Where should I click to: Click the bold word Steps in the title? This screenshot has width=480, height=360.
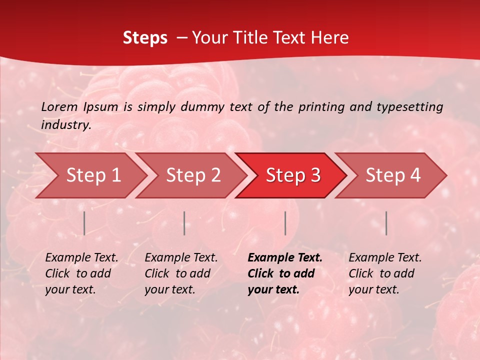click(x=145, y=37)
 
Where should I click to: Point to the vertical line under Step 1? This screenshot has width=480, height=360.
click(x=84, y=223)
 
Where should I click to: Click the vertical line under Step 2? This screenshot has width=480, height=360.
click(x=184, y=223)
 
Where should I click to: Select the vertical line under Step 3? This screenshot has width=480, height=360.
click(x=285, y=223)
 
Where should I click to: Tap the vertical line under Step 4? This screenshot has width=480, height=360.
click(x=386, y=223)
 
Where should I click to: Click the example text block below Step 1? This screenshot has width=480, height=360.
click(x=81, y=273)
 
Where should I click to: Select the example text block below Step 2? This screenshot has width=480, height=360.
click(x=181, y=273)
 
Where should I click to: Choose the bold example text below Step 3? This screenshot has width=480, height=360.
click(x=285, y=273)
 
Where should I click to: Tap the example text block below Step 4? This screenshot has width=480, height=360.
click(x=385, y=273)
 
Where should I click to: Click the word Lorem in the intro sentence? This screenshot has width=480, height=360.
click(x=59, y=107)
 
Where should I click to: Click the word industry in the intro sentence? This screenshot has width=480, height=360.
click(x=66, y=125)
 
